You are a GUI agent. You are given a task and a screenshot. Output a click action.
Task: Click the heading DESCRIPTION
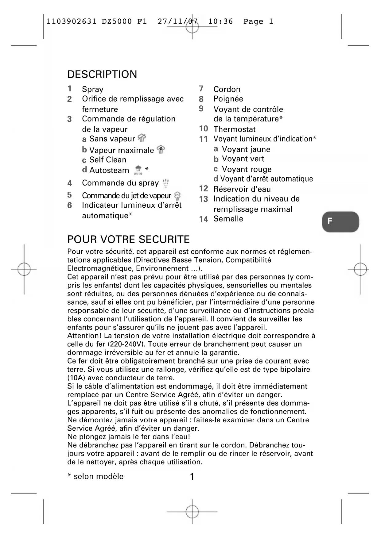[102, 74]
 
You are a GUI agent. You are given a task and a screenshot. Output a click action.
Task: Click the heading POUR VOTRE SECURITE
[128, 239]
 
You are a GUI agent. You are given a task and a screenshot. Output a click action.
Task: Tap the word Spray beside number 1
[92, 89]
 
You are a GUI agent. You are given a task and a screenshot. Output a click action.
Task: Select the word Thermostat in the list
[235, 129]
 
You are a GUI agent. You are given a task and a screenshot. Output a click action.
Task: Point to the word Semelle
[228, 219]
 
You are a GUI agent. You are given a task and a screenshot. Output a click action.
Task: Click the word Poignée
[228, 99]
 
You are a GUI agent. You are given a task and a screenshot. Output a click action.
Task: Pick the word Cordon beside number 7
[227, 89]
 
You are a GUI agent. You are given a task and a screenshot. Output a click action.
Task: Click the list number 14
[203, 219]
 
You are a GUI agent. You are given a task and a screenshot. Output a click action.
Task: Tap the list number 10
[203, 129]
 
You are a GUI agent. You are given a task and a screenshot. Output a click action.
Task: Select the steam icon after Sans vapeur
[142, 138]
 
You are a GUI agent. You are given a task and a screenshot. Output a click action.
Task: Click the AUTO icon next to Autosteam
[138, 170]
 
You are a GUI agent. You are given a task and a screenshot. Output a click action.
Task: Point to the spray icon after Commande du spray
[166, 183]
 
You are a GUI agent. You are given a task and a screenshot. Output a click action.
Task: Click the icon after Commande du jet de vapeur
[177, 196]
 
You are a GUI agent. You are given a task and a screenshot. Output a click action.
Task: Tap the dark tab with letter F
[340, 221]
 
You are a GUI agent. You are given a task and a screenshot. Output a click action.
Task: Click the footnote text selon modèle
[98, 476]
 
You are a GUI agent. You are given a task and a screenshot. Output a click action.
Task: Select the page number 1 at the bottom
[192, 476]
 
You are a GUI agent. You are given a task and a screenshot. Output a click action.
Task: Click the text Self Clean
[107, 160]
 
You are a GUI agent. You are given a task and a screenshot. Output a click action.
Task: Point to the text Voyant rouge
[247, 169]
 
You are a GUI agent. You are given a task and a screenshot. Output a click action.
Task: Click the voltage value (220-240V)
[126, 344]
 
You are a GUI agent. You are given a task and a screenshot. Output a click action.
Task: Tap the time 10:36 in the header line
[220, 21]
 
